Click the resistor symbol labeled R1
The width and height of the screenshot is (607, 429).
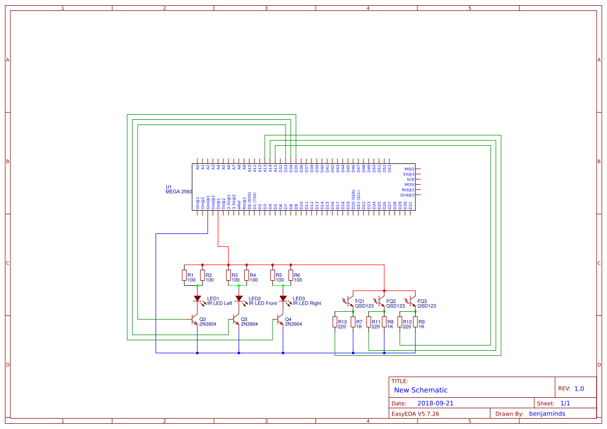(x=184, y=275)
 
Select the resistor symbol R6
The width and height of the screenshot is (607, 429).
(x=291, y=275)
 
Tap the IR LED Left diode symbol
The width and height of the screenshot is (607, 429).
(x=197, y=299)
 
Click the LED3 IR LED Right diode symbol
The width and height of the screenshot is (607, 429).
(x=283, y=299)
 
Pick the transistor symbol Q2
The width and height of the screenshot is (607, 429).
(x=195, y=319)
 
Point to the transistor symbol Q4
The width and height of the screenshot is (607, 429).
(x=280, y=319)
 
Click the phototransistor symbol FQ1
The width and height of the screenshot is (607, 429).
(x=350, y=301)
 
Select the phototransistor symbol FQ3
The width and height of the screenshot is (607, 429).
(x=413, y=301)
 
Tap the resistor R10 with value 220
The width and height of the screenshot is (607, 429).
(x=335, y=322)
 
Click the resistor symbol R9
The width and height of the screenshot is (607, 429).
(x=415, y=322)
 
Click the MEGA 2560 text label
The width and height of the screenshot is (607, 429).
(x=179, y=192)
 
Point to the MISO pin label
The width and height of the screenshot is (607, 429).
(x=409, y=169)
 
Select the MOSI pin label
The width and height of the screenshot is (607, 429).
(x=409, y=185)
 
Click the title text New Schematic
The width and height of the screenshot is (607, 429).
(x=421, y=390)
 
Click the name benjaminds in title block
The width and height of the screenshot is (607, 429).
(x=547, y=413)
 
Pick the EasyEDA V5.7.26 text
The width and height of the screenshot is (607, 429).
(x=415, y=414)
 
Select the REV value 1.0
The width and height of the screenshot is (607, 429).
(x=579, y=389)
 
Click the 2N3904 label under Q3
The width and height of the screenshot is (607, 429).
(x=249, y=324)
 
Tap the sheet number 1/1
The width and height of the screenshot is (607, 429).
(x=565, y=403)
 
